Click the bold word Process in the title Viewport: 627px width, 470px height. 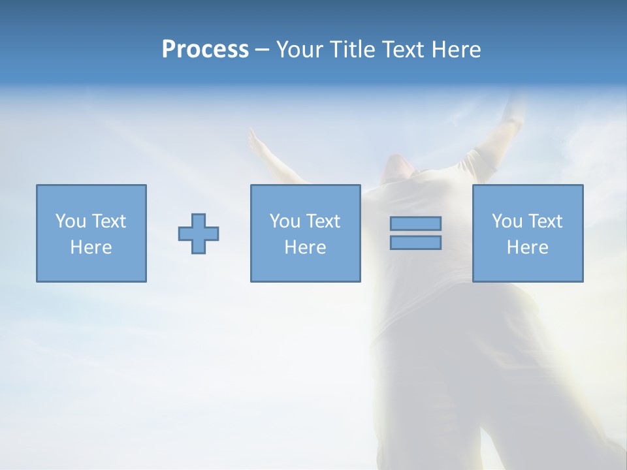[205, 50]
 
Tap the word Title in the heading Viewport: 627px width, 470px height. [351, 50]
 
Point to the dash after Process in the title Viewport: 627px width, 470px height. [262, 50]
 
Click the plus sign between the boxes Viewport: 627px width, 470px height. [199, 234]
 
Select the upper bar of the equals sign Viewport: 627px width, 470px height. [415, 223]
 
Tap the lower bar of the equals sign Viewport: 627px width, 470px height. [415, 242]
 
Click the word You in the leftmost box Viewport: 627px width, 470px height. [71, 221]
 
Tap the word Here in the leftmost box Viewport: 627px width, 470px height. [91, 247]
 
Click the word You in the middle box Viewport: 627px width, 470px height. [285, 221]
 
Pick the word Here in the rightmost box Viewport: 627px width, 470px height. [528, 247]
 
